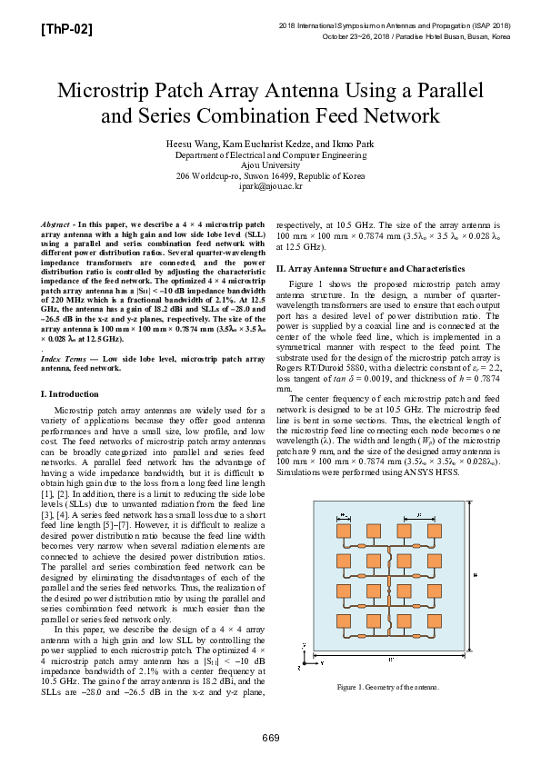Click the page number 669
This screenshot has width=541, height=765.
271,736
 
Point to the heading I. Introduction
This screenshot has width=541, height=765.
71,393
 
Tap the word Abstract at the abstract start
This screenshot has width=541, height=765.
60,224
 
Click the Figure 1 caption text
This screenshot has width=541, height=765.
387,687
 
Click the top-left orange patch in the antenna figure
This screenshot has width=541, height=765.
344,530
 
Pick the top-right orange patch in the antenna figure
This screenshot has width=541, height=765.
435,530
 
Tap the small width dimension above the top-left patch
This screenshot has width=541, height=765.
344,517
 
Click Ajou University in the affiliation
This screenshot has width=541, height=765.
270,165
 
